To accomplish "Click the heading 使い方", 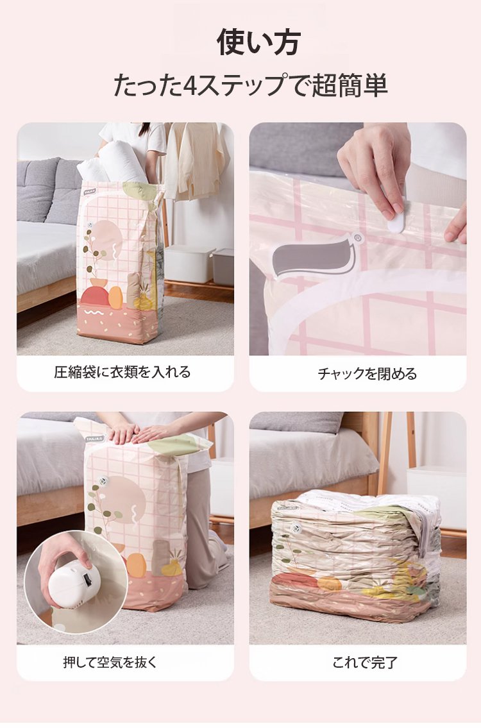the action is point(258,42).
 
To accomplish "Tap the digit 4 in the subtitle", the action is point(189,85).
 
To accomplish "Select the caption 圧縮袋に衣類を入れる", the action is point(122,372).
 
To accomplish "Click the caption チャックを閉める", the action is point(367,373).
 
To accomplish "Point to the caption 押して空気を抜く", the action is point(110,661).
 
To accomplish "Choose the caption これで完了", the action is point(365,662).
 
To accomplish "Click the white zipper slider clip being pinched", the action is point(398,218).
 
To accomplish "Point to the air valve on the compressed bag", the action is point(296,529).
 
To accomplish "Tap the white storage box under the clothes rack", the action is point(189,263).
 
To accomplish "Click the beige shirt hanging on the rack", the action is point(198,160).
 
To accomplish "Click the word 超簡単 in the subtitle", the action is point(350,85).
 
